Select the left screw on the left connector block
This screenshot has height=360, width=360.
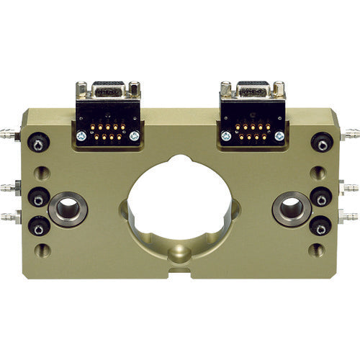point(81,135)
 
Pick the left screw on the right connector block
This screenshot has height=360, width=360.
point(225,135)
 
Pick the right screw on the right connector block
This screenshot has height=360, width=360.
point(279,135)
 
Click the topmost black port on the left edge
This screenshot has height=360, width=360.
point(37,143)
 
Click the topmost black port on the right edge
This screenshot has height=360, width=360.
point(322,142)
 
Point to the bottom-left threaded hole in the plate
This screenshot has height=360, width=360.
point(43,251)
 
